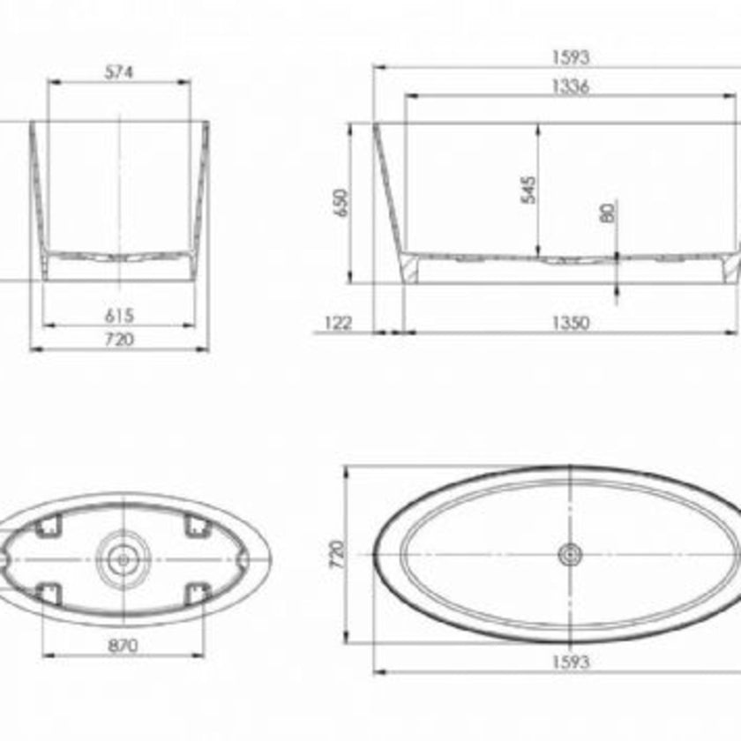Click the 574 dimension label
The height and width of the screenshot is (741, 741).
pyautogui.click(x=118, y=73)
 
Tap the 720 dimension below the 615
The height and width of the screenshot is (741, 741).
pyautogui.click(x=118, y=339)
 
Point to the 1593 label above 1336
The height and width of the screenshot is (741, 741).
pyautogui.click(x=570, y=58)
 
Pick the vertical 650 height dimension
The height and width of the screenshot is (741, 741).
pyautogui.click(x=343, y=203)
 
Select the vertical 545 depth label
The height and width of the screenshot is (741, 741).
pyautogui.click(x=528, y=190)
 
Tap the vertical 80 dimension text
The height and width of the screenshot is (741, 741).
pyautogui.click(x=608, y=213)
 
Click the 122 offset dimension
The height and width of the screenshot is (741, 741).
pyautogui.click(x=338, y=324)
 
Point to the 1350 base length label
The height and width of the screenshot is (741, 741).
pyautogui.click(x=570, y=324)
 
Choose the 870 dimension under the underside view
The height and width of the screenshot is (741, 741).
pyautogui.click(x=123, y=646)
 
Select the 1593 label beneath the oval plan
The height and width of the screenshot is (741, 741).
pyautogui.click(x=570, y=662)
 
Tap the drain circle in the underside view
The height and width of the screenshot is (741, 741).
pyautogui.click(x=123, y=558)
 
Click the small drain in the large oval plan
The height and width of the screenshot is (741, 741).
pyautogui.click(x=570, y=554)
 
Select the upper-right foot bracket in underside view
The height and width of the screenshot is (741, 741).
pyautogui.click(x=197, y=527)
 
